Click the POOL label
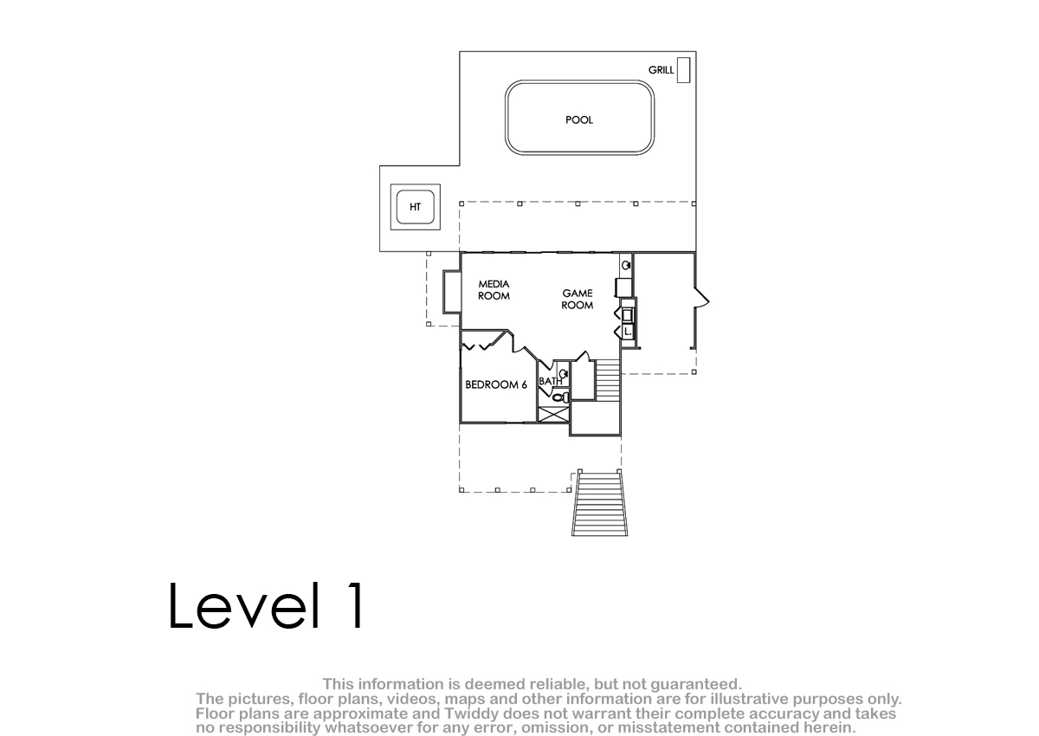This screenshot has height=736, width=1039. (x=579, y=120)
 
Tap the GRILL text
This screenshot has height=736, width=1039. (x=661, y=70)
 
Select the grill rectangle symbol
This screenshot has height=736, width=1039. (x=683, y=70)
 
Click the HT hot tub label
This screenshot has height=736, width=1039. (x=415, y=207)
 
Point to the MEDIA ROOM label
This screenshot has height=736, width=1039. (x=494, y=290)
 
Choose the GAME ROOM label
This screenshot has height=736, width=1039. (x=578, y=299)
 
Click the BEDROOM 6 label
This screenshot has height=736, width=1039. (x=496, y=384)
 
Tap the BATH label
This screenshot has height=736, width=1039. (x=550, y=381)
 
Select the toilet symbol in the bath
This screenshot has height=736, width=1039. (x=561, y=397)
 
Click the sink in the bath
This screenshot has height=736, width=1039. (x=564, y=373)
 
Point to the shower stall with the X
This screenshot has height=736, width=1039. (x=553, y=415)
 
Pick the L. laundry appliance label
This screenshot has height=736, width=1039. (x=628, y=332)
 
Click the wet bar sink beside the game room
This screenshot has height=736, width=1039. (x=626, y=265)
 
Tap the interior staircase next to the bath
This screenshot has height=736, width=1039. (x=608, y=379)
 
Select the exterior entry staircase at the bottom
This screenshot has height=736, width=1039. (x=599, y=503)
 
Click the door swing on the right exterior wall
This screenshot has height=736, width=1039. (x=701, y=297)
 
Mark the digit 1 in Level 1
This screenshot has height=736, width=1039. (x=356, y=605)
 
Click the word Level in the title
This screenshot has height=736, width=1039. (x=244, y=605)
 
